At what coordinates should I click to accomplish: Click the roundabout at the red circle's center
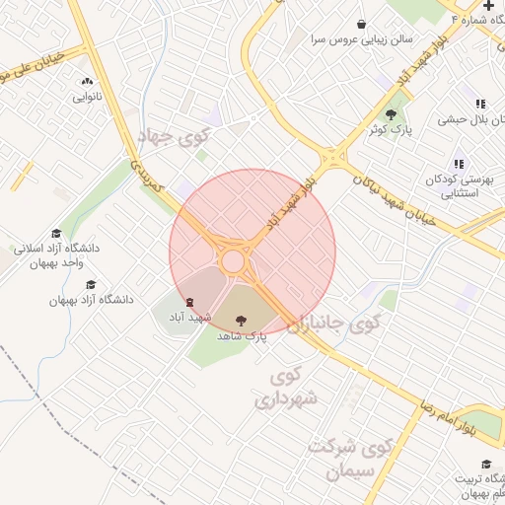pos(233,260)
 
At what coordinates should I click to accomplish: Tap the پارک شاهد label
pos(243,336)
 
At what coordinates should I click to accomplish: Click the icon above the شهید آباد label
pos(189,303)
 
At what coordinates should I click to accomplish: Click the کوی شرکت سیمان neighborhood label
pos(350,459)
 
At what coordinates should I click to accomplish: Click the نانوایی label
pos(88,98)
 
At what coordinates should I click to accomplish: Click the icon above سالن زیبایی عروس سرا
pos(361,24)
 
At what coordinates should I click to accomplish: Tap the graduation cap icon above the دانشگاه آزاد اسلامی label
pos(55,233)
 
